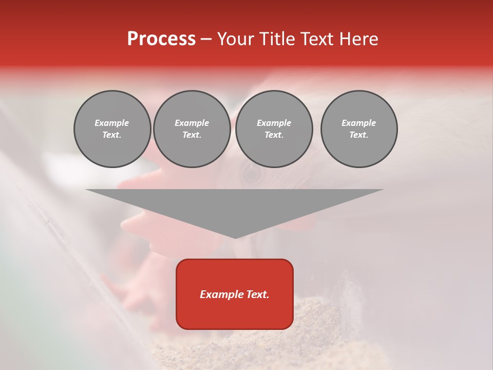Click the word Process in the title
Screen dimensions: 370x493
coord(161,39)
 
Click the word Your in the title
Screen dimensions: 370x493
coord(236,39)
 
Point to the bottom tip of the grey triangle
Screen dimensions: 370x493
coord(235,238)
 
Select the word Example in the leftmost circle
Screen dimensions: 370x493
coord(112,123)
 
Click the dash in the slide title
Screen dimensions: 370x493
coord(206,40)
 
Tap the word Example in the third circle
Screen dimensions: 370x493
coord(274,123)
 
